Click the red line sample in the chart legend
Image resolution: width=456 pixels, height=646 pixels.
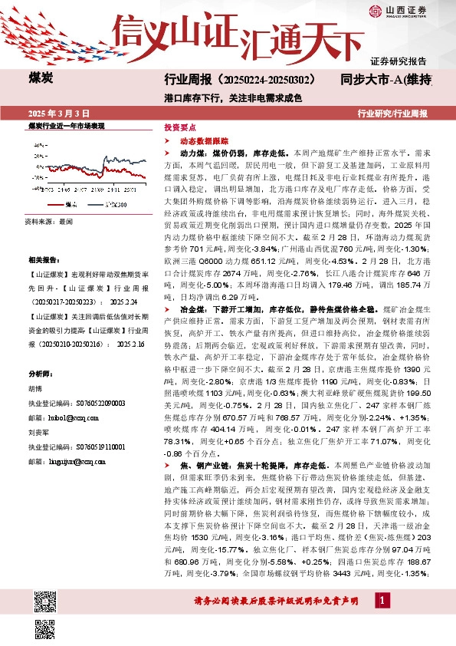pyautogui.click(x=54, y=206)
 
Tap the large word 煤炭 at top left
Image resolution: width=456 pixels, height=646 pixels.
pyautogui.click(x=41, y=78)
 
